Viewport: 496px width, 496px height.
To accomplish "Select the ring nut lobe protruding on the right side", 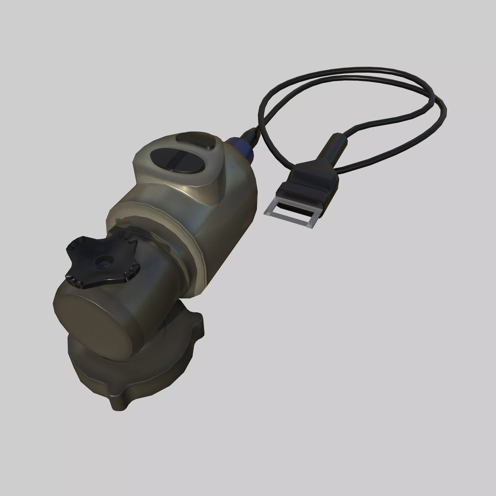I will [198, 326].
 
